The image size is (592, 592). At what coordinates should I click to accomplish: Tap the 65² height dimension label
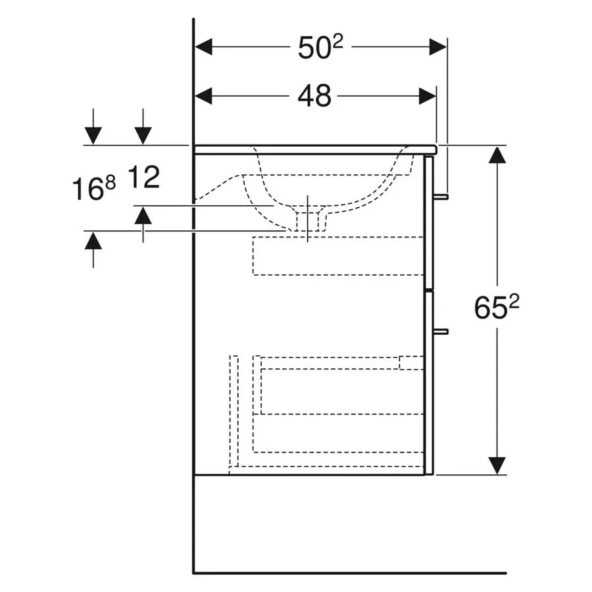coord(496,307)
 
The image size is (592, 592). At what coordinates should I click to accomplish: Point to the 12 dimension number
coord(144,177)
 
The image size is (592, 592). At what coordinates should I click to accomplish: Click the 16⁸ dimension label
coord(93,188)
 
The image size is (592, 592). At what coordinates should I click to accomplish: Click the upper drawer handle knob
coord(441,197)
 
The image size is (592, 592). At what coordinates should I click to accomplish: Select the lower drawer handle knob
coord(441,332)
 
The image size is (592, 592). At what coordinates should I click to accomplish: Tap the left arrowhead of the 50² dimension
coord(203,47)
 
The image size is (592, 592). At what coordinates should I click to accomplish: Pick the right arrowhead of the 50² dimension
coord(437,47)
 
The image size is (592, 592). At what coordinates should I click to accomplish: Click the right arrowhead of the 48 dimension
coord(428,96)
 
